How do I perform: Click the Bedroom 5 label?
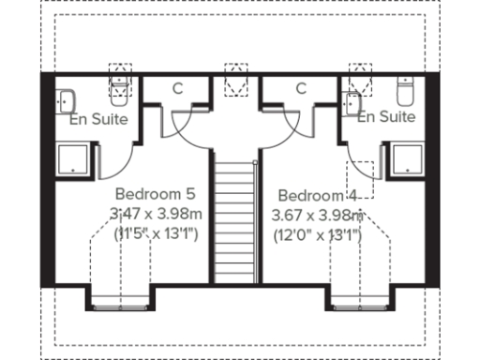point(157,195)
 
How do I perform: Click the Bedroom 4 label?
point(319,196)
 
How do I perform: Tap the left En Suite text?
point(98,120)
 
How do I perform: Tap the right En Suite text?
point(385,117)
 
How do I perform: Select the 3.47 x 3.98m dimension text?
point(157,214)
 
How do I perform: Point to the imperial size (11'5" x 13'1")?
point(157,232)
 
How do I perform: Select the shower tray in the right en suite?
point(408,159)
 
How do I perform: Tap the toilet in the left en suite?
point(120,89)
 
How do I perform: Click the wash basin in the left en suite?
point(66,99)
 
